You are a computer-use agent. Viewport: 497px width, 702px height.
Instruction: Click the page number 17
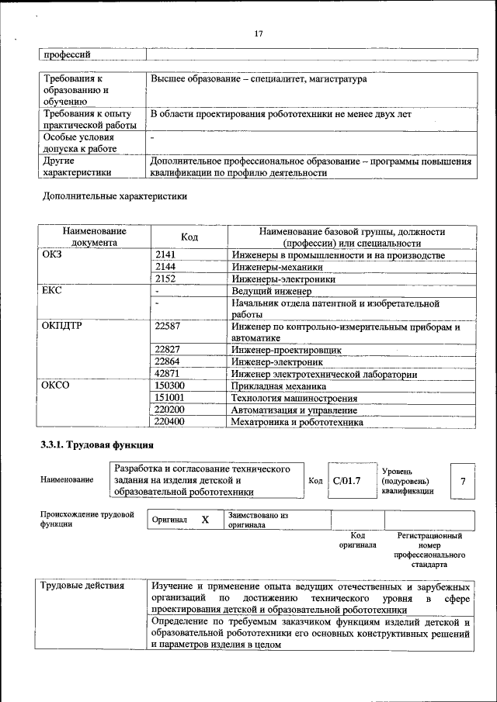tap(259, 33)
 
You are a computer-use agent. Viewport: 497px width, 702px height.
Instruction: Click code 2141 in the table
tap(165, 255)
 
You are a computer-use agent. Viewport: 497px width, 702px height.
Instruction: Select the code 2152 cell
tap(165, 278)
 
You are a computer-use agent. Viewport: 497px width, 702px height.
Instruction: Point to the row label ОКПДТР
tap(61, 327)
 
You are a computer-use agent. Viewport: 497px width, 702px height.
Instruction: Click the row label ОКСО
tap(55, 386)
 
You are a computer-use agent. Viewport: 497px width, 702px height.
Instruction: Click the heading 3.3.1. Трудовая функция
tap(97, 445)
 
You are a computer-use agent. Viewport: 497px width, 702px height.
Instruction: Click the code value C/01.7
tap(346, 481)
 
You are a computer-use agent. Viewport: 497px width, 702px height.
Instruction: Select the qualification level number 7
tap(462, 481)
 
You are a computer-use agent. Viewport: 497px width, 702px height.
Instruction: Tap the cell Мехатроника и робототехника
tap(297, 422)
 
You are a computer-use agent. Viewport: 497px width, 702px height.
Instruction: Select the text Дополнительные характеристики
tap(115, 196)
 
